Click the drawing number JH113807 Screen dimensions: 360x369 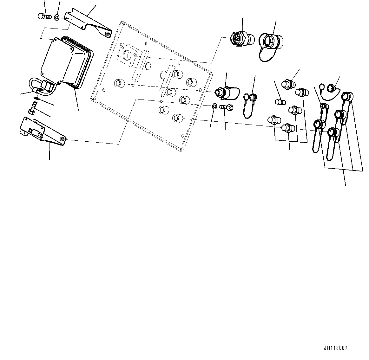tap(335, 348)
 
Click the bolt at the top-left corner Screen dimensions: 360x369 tap(44, 16)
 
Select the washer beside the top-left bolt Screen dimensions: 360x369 tap(56, 17)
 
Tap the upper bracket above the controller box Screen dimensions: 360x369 tap(86, 24)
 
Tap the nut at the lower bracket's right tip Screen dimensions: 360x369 tap(63, 139)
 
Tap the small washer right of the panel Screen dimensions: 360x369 tap(214, 106)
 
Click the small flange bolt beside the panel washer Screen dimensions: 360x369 tap(226, 107)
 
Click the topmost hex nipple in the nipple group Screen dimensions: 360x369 tap(289, 84)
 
